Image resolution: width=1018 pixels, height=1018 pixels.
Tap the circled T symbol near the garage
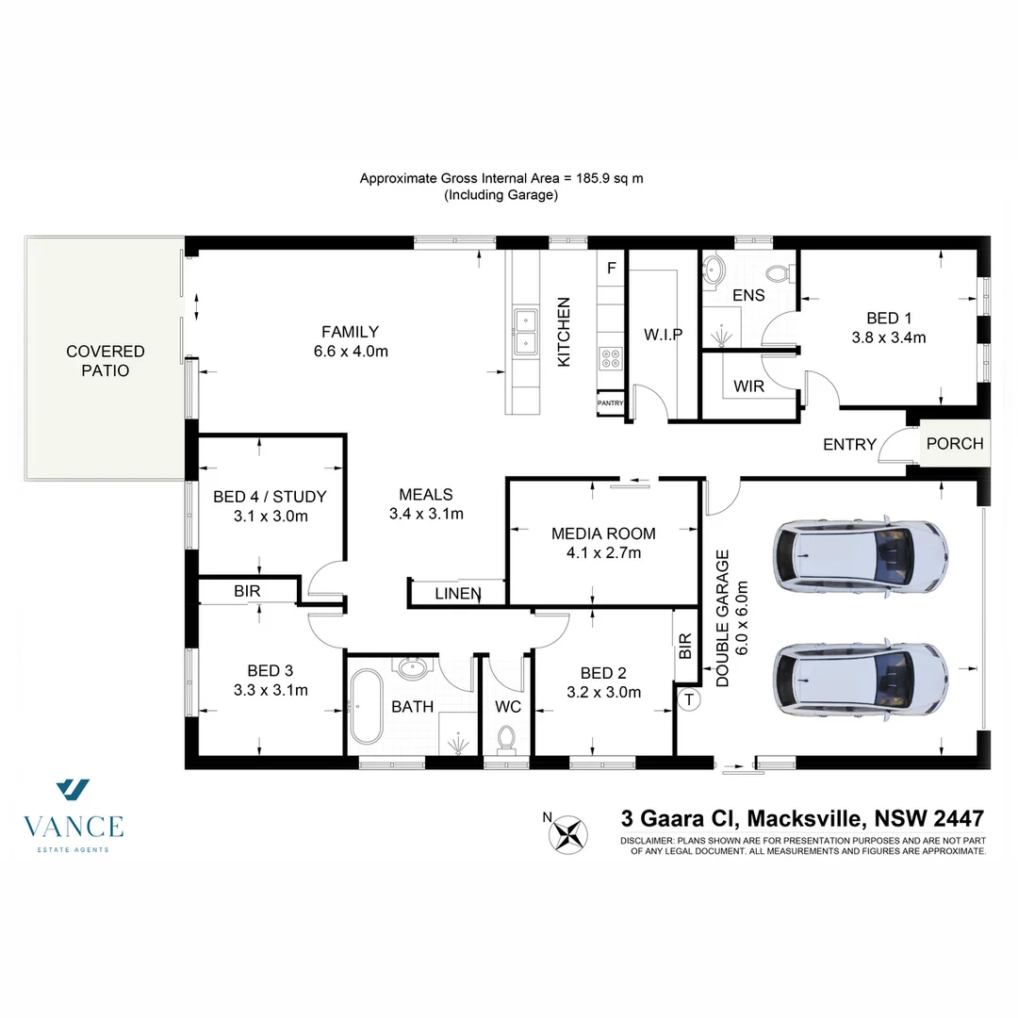pyautogui.click(x=689, y=699)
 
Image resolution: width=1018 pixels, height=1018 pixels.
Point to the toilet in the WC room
pyautogui.click(x=506, y=736)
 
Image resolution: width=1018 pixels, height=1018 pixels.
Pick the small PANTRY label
pyautogui.click(x=610, y=403)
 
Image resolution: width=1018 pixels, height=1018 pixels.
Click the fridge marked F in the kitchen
pyautogui.click(x=611, y=269)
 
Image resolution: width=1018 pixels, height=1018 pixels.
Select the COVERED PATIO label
pyautogui.click(x=105, y=361)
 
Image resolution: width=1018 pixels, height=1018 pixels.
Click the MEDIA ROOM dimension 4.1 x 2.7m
pyautogui.click(x=603, y=553)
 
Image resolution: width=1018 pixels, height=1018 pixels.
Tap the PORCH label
pyautogui.click(x=954, y=444)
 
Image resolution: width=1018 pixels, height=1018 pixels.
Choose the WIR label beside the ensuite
pyautogui.click(x=748, y=386)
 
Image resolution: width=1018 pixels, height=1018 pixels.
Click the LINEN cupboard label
pyautogui.click(x=458, y=594)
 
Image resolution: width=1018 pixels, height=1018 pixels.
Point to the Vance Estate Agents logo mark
pyautogui.click(x=73, y=790)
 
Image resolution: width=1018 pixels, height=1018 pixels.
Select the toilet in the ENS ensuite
pyautogui.click(x=777, y=274)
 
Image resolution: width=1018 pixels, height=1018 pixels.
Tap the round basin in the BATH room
pyautogui.click(x=411, y=668)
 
